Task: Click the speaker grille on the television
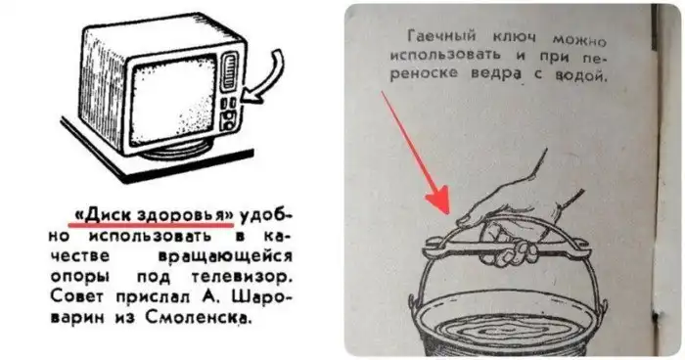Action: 229,72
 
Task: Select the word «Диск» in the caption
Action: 104,215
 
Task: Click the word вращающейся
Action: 224,256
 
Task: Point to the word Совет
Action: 78,296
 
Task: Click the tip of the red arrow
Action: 448,213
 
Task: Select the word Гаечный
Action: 442,36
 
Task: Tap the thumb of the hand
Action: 474,215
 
